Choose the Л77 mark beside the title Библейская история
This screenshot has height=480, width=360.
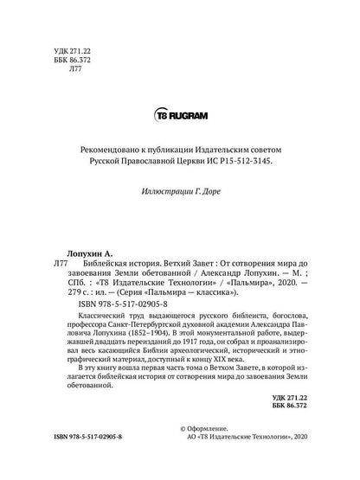click(60, 260)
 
